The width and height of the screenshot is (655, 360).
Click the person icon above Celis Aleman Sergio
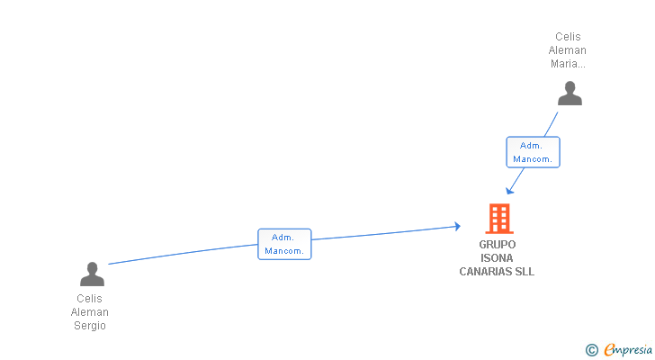tap(92, 274)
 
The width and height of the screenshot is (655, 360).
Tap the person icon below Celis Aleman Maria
tap(570, 94)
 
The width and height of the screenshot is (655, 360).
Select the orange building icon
tap(498, 219)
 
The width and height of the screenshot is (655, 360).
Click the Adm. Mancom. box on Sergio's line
tap(284, 244)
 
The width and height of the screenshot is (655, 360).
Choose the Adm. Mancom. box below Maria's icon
tap(533, 152)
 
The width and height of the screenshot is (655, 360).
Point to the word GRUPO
tap(498, 245)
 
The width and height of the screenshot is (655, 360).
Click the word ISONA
tap(498, 258)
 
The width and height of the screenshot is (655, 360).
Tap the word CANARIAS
tap(487, 272)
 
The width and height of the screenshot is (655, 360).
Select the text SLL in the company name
tap(525, 272)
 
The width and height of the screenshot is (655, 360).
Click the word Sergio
tap(90, 326)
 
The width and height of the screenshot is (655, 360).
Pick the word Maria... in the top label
tap(568, 64)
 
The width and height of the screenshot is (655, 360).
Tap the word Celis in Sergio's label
tap(90, 299)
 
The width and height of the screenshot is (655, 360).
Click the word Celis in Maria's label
tap(568, 37)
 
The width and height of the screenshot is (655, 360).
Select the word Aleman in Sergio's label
tap(90, 312)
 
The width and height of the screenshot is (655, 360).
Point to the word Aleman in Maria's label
tap(568, 50)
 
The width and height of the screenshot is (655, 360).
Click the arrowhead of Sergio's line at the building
tap(457, 227)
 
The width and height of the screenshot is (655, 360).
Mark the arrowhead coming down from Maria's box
tap(510, 190)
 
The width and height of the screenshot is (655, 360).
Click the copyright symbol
tap(591, 350)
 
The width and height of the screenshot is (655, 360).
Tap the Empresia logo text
tap(628, 350)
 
